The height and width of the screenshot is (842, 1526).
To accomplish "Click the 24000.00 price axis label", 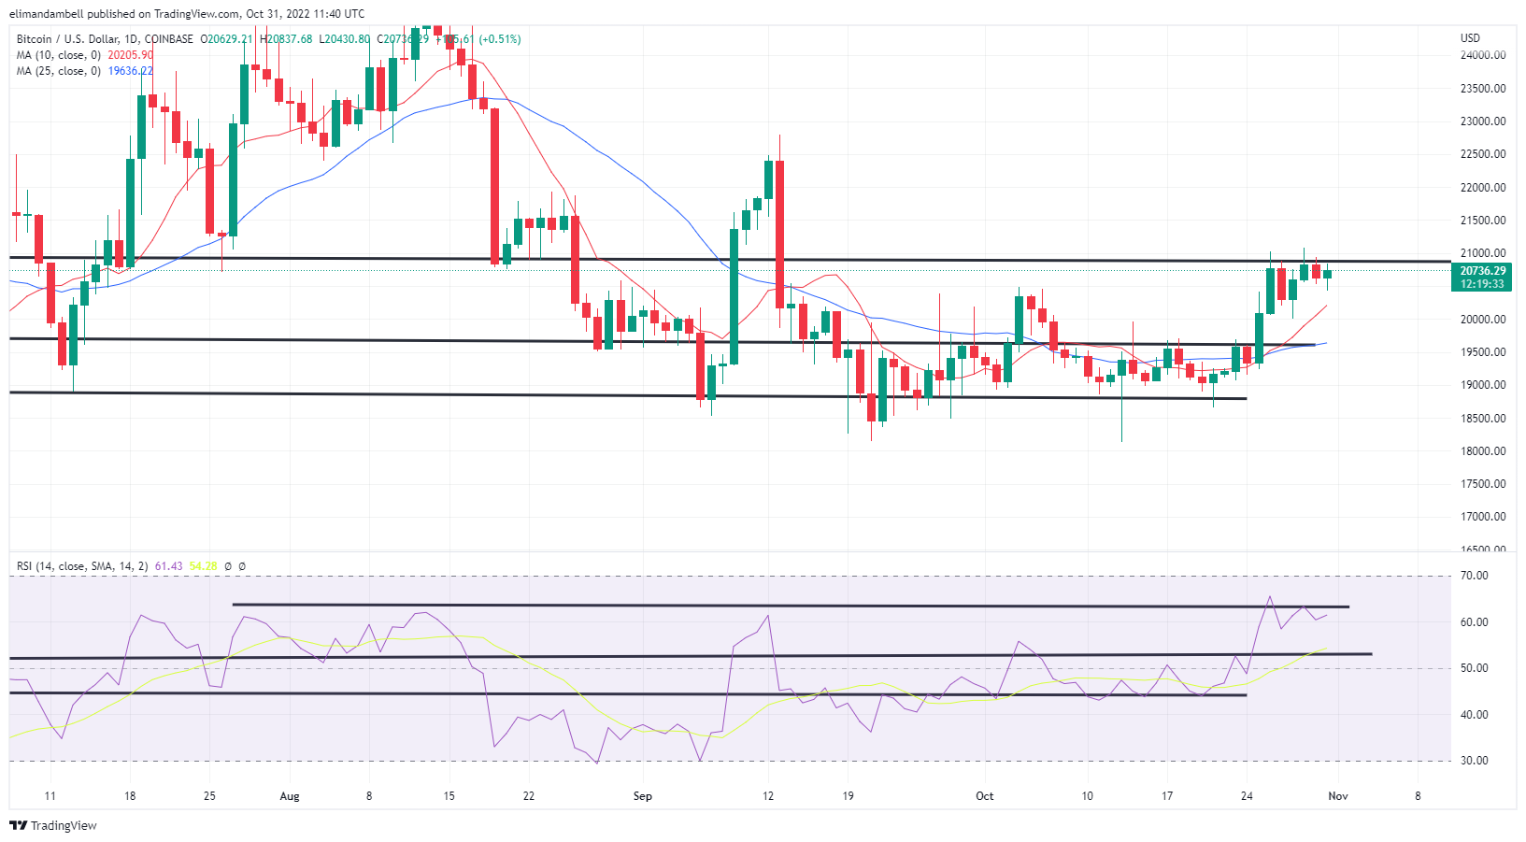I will (x=1482, y=55).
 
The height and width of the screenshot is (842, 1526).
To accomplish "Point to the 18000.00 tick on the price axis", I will (x=1482, y=451).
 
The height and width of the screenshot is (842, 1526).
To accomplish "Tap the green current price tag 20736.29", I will (x=1482, y=271).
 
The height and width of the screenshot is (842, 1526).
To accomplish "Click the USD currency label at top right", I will (x=1470, y=38).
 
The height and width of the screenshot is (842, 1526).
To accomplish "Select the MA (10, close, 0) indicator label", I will (x=58, y=55).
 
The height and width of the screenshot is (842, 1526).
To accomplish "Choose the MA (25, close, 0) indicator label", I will (x=58, y=71).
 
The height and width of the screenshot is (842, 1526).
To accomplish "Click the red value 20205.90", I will (x=130, y=55).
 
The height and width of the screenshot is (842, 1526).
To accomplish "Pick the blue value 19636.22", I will (x=130, y=71).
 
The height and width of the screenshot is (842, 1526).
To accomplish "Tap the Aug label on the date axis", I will (x=290, y=796).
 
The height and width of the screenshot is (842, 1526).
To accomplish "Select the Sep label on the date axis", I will (x=642, y=796).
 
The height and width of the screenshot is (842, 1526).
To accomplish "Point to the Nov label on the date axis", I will (x=1338, y=796).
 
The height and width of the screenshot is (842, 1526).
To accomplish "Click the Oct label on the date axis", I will (x=984, y=796).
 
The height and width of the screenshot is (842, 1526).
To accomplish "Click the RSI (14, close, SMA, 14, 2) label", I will (x=82, y=566).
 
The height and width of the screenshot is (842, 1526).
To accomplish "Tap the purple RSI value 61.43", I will (x=168, y=566).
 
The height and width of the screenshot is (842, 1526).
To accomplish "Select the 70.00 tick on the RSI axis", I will (x=1475, y=576).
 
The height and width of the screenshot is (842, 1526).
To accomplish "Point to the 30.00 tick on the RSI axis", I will (x=1475, y=761).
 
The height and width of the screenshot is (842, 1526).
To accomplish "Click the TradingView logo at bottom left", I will (x=53, y=825).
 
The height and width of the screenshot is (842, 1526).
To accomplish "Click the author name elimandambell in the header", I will (x=47, y=14).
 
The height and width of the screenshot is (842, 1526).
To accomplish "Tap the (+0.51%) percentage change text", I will (x=500, y=39).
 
